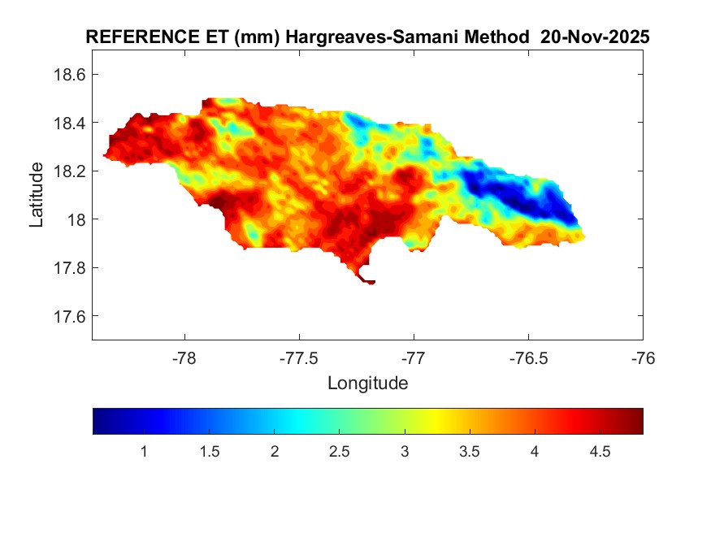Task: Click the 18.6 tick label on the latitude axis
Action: [69, 74]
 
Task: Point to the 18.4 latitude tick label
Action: [69, 123]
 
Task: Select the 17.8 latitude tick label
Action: [69, 267]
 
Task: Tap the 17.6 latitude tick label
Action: [69, 316]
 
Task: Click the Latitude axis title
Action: [37, 195]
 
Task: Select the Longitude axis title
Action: [367, 383]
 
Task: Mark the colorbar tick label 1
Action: [144, 452]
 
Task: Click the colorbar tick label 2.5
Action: [340, 452]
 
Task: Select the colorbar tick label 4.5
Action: [600, 452]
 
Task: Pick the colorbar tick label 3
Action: [405, 452]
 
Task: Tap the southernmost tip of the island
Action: [370, 283]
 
